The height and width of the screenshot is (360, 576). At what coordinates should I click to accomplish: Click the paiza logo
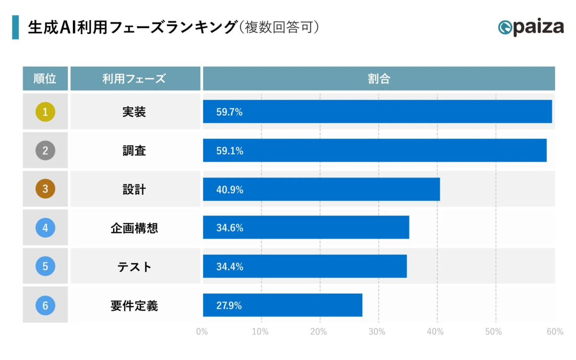[531, 27]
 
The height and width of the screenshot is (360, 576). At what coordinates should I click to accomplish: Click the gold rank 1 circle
[45, 112]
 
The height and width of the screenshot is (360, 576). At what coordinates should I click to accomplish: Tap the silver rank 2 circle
[45, 151]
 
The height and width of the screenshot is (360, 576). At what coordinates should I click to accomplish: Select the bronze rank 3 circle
[45, 189]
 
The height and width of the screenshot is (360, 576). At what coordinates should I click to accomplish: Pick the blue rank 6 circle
[45, 305]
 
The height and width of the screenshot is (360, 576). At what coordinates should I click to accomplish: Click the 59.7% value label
[229, 112]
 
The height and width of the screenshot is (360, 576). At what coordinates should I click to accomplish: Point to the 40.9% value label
[229, 190]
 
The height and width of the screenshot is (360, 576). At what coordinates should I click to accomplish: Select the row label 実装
[134, 112]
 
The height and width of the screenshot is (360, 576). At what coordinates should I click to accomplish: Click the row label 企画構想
[134, 228]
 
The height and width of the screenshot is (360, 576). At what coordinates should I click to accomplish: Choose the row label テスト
[134, 267]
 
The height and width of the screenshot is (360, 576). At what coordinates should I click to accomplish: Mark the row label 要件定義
[134, 305]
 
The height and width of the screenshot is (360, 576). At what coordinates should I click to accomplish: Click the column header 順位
[45, 79]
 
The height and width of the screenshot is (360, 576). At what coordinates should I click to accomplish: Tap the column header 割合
[379, 79]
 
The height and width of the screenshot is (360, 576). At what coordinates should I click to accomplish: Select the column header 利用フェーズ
[134, 79]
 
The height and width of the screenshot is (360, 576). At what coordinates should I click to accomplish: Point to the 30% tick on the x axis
[377, 332]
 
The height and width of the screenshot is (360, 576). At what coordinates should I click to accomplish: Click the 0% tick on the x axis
[202, 332]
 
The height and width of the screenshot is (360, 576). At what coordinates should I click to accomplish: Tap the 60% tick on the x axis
[554, 332]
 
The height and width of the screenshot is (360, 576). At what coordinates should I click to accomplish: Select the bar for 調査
[374, 151]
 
